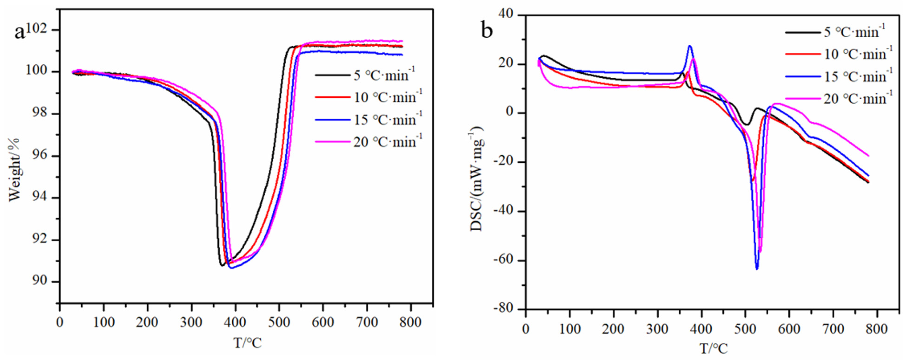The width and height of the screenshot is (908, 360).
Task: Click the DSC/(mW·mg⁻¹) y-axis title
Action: pos(477,180)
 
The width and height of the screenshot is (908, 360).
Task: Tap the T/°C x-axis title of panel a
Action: pos(247,343)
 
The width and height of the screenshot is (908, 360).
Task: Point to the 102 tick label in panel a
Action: pos(38,30)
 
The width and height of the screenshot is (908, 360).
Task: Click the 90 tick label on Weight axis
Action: pos(40,281)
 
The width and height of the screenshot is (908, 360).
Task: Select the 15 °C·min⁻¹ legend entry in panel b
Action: pos(839,76)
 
